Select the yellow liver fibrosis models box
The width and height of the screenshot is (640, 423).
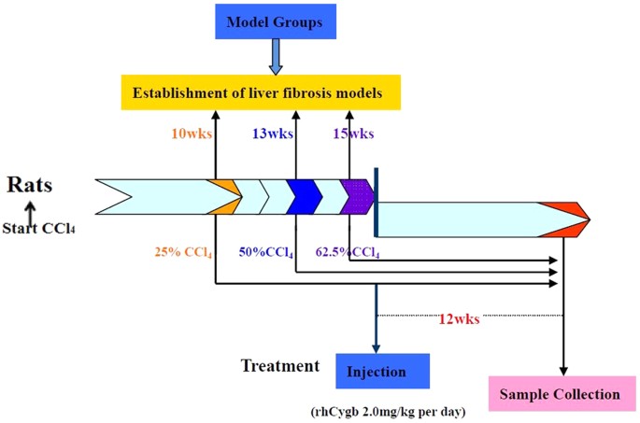[x=261, y=92]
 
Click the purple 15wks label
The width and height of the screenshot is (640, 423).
[x=353, y=134]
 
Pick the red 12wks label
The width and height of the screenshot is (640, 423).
[x=460, y=319]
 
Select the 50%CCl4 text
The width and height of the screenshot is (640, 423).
[x=266, y=252]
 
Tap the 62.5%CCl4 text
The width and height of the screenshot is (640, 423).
[x=348, y=252]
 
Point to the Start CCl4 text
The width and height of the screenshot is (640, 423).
[x=36, y=227]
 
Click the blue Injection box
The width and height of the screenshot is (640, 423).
[x=382, y=371]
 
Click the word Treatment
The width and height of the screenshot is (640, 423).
[x=280, y=365]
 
